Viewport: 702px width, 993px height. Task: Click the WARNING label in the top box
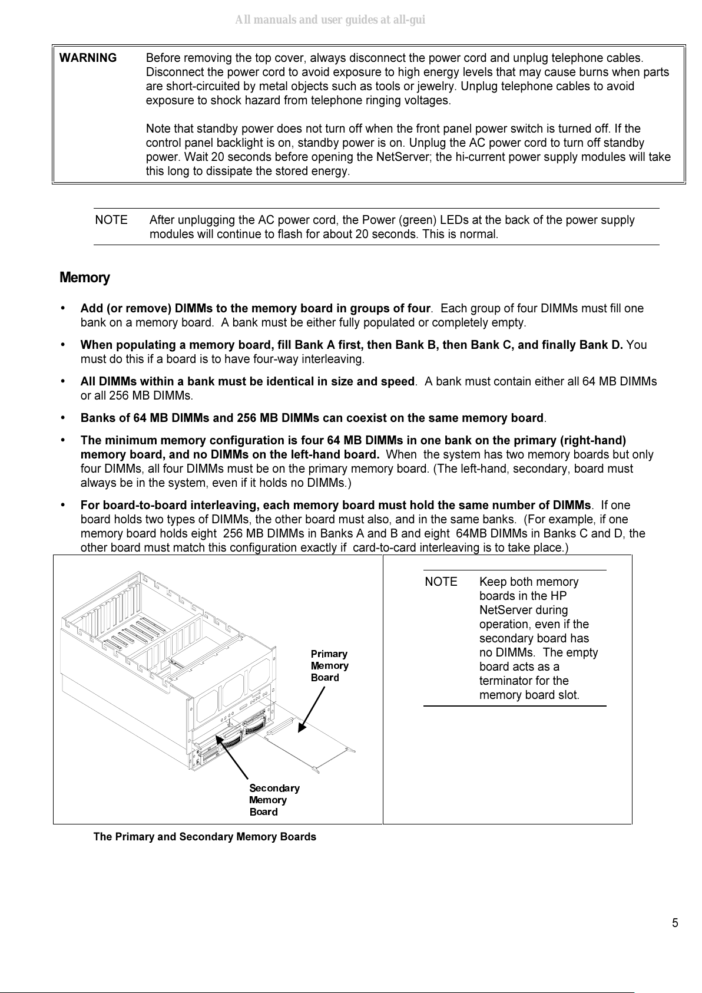tap(88, 58)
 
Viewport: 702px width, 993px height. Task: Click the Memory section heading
tap(85, 278)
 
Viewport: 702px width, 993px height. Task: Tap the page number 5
tap(675, 923)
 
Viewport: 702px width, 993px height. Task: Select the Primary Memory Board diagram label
tap(329, 665)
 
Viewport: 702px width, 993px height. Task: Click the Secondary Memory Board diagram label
tap(274, 800)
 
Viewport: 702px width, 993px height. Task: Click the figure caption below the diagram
tap(204, 837)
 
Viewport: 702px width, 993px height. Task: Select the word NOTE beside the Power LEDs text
tap(111, 220)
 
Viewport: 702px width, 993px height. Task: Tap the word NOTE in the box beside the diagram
tap(441, 582)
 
